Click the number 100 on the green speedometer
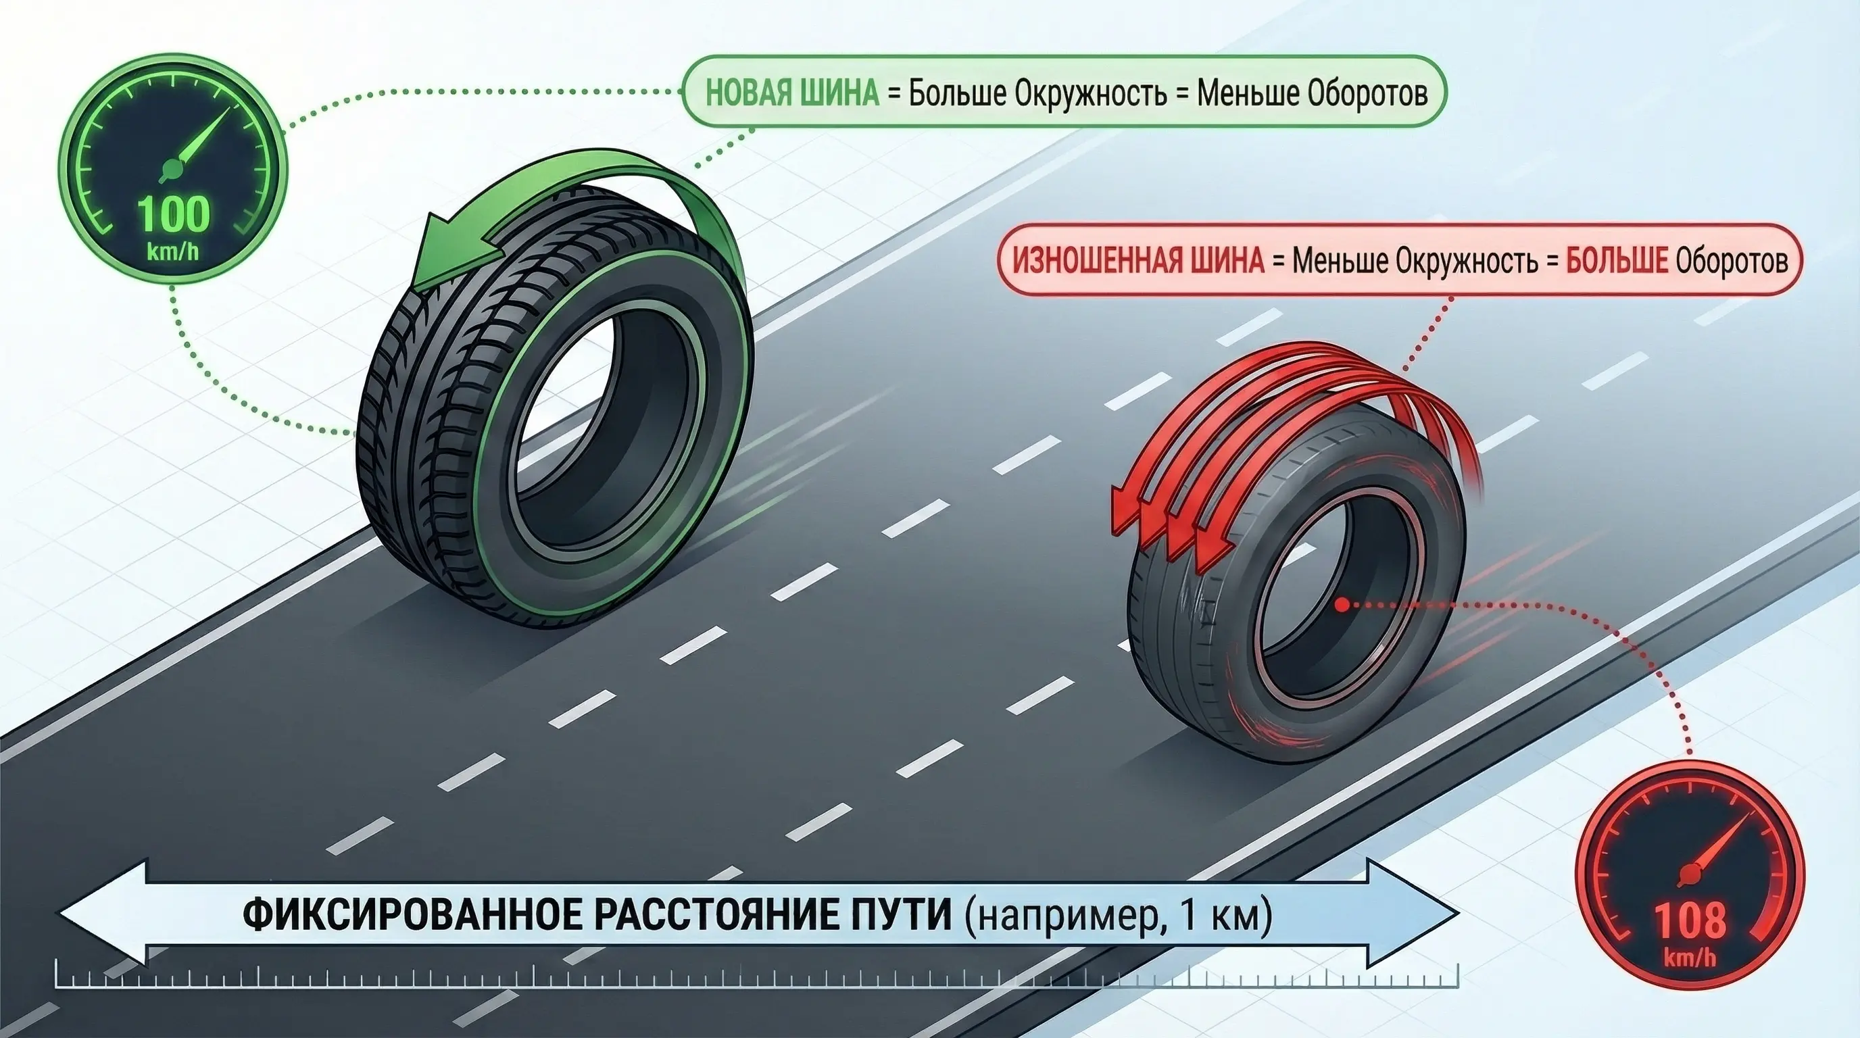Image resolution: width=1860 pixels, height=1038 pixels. click(x=173, y=215)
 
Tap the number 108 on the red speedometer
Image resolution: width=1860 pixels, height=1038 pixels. click(x=1690, y=920)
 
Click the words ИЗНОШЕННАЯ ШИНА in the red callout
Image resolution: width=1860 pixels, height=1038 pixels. click(x=1138, y=260)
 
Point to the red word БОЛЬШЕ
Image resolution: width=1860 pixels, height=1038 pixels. click(x=1617, y=260)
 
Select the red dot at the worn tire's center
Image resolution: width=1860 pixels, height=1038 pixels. click(x=1342, y=605)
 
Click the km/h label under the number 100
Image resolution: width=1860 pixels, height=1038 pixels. click(x=173, y=252)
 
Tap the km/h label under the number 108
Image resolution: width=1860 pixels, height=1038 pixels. click(x=1690, y=957)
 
